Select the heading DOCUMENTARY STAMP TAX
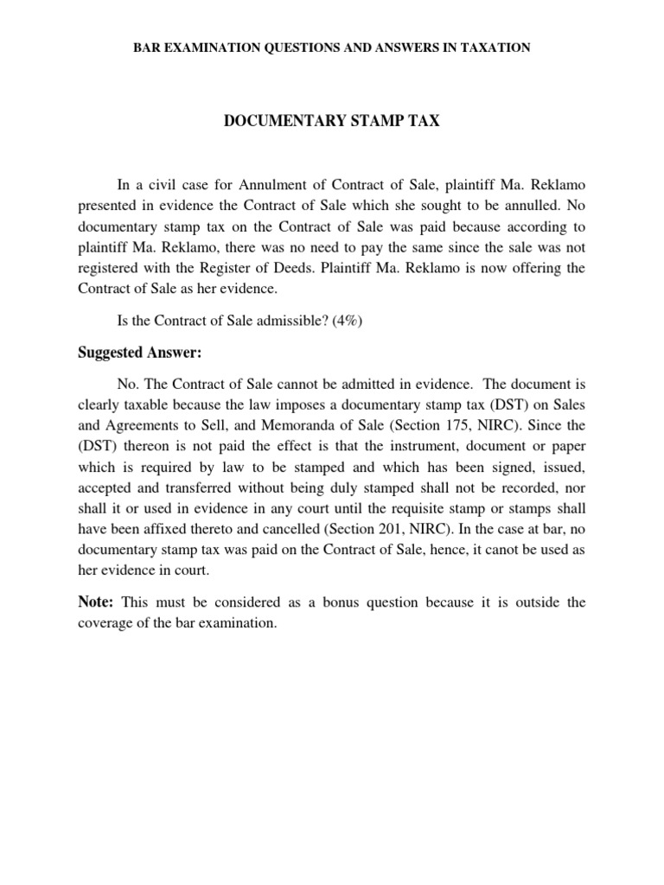point(332,122)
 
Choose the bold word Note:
point(97,602)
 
